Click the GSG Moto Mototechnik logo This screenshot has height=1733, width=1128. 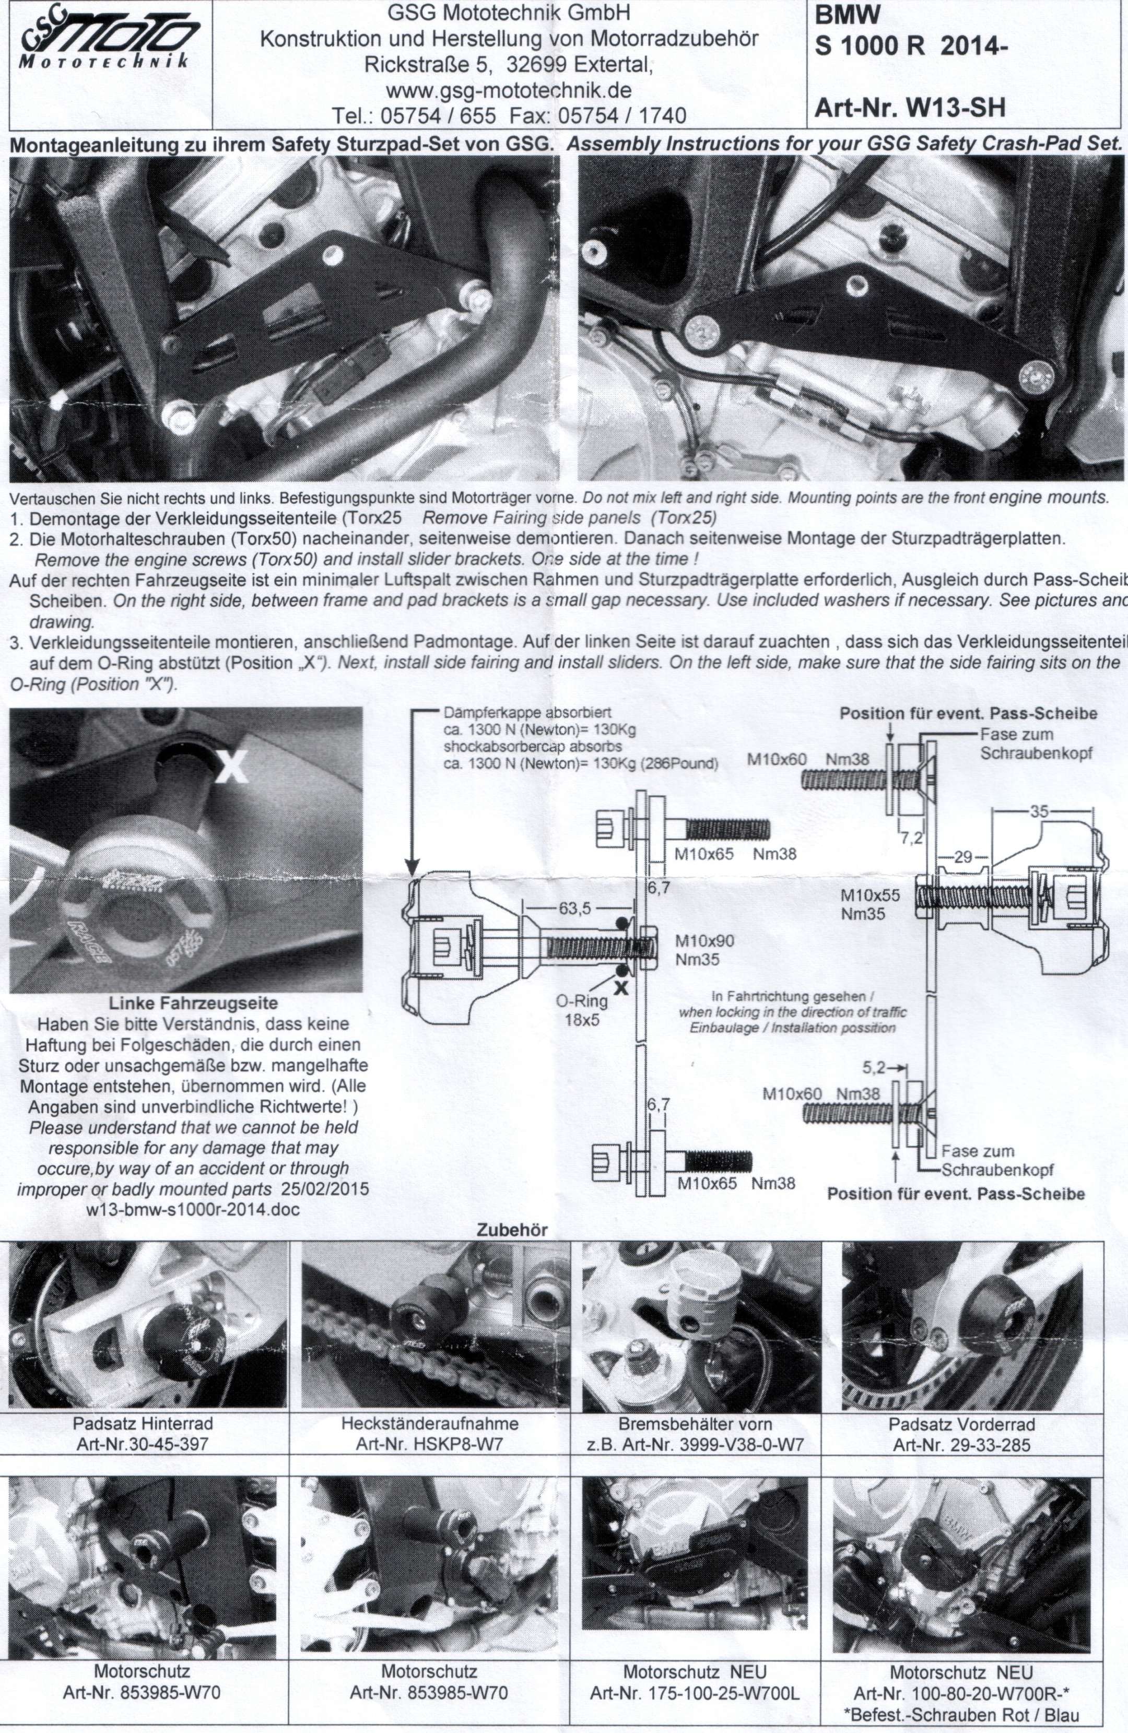point(109,44)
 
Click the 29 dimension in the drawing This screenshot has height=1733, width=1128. point(962,857)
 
